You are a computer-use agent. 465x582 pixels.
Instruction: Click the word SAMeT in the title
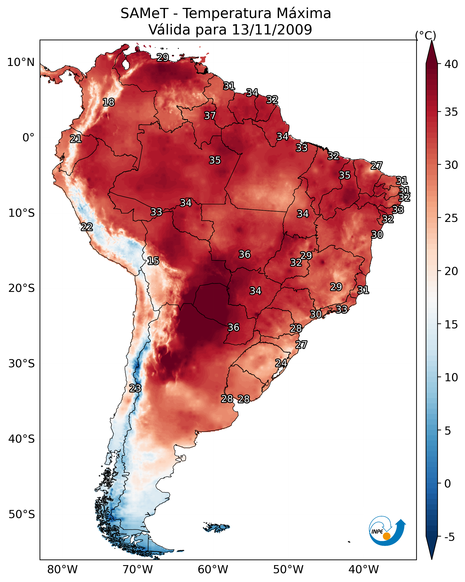pos(144,14)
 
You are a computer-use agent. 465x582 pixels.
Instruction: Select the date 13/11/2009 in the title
pos(272,30)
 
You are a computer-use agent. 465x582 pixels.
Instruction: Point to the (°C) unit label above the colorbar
pos(426,35)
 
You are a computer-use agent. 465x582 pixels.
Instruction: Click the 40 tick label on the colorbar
pos(451,64)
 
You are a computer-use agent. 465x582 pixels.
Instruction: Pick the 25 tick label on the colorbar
pos(451,218)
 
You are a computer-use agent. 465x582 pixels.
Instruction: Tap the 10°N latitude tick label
pos(21,62)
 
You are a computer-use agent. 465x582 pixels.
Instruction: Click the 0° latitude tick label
pos(28,138)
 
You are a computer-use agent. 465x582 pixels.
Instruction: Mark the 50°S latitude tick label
pos(22,514)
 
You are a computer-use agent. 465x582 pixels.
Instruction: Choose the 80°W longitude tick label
pos(62,570)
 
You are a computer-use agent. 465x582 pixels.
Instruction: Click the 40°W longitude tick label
pos(364,570)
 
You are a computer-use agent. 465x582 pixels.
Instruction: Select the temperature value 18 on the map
pos(108,102)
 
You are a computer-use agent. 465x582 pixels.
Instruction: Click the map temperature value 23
pos(135,388)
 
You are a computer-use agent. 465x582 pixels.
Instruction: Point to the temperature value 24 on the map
pos(281,363)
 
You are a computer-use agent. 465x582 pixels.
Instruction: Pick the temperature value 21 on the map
pos(76,139)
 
